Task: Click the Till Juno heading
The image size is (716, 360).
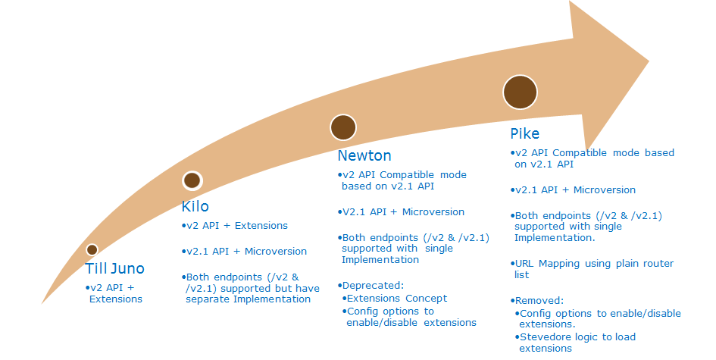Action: [114, 268]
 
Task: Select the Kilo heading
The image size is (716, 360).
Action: [195, 206]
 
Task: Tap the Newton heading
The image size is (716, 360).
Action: [364, 156]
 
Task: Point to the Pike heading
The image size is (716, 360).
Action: [525, 134]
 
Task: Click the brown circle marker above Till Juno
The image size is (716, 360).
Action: [92, 249]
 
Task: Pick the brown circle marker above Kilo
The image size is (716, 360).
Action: [192, 180]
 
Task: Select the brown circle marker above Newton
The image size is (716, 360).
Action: [343, 127]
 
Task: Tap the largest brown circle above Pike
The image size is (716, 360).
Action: [521, 92]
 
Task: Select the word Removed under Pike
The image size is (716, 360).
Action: [539, 300]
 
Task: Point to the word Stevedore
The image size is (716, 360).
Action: [546, 337]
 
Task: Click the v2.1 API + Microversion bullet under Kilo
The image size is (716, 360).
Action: [246, 251]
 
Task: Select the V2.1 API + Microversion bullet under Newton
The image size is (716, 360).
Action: [402, 211]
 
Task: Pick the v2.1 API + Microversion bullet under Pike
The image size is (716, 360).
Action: [574, 189]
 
